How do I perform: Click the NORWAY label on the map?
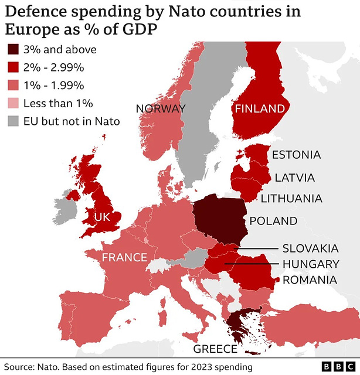coord(161,108)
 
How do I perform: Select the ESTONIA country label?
coord(296,155)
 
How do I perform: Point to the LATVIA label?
coord(295,178)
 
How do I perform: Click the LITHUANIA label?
coord(291,199)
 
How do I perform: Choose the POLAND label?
coord(273,221)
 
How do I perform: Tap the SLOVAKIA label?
coord(310,248)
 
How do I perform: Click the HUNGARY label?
coord(311,264)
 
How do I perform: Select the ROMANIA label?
coord(310,279)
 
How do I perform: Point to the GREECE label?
coord(215,349)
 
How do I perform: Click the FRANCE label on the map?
coord(124,257)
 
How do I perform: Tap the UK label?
coord(102,217)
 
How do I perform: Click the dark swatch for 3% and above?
coord(13,50)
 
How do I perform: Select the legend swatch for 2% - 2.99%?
coord(13,68)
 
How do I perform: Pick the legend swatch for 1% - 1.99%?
coord(13,86)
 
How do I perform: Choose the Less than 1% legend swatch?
coord(13,104)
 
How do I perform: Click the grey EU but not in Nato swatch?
coord(13,121)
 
